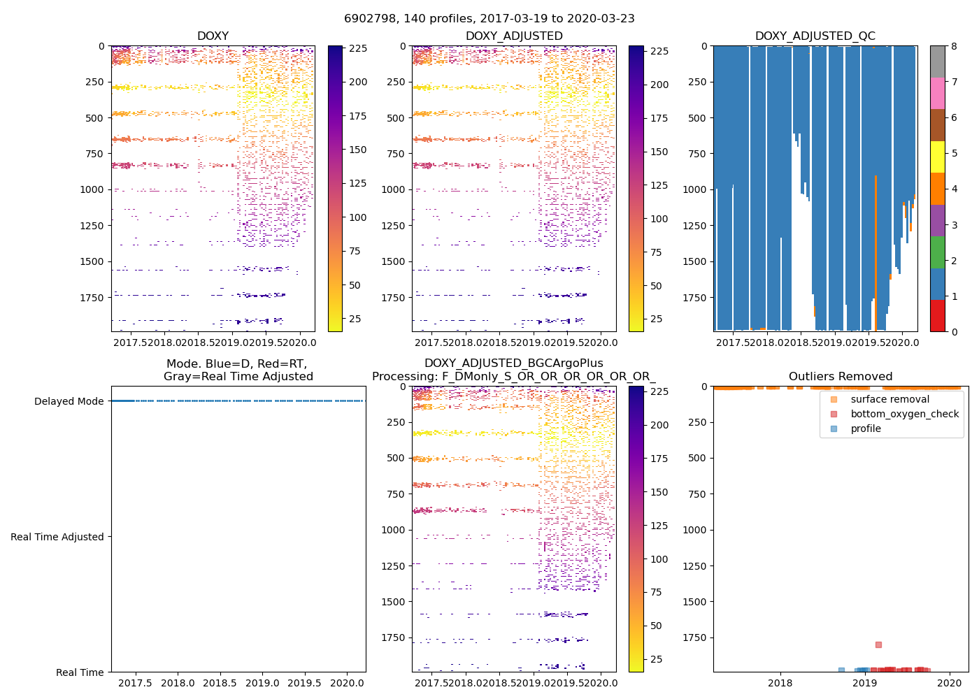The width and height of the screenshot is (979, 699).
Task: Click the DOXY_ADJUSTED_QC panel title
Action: [815, 36]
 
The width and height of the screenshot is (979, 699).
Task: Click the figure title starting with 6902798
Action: [489, 19]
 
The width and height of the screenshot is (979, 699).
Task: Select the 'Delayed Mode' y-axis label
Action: [69, 401]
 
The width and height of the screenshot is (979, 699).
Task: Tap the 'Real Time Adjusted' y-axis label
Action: [57, 537]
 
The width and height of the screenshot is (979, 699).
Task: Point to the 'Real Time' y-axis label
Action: [80, 672]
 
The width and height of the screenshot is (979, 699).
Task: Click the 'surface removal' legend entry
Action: [889, 399]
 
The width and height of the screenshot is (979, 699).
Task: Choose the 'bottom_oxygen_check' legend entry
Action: [904, 414]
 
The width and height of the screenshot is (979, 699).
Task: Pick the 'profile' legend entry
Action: [866, 428]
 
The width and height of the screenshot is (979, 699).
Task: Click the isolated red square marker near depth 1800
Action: [878, 644]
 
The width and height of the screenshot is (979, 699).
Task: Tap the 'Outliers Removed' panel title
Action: [840, 376]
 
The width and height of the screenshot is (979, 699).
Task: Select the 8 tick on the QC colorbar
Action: [954, 46]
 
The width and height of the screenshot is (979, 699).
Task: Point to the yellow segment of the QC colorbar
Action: [937, 157]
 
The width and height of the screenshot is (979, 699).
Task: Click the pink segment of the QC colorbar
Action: [937, 93]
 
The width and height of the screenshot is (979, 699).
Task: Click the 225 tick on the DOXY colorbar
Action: [358, 48]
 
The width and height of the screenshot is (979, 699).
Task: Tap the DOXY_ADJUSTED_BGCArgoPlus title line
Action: [513, 363]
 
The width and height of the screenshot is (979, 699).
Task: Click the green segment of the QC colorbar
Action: [937, 252]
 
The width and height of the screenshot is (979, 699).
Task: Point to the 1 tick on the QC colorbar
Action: [954, 296]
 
